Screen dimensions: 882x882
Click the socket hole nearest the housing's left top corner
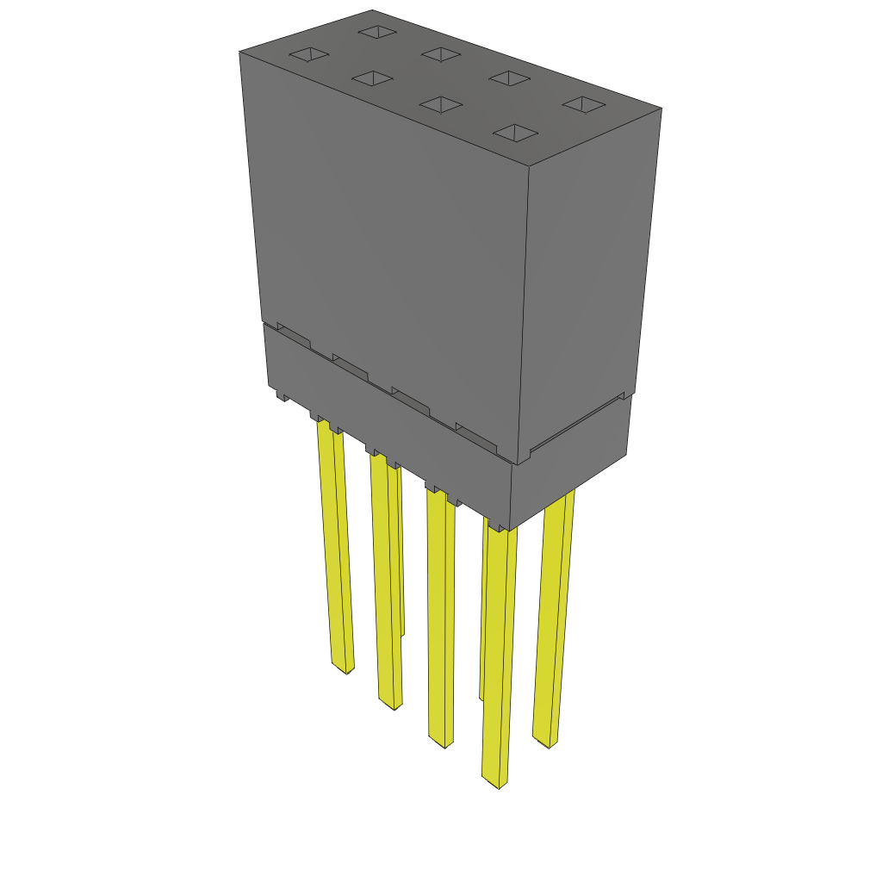pyautogui.click(x=308, y=55)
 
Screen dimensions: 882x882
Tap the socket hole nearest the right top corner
pyautogui.click(x=585, y=104)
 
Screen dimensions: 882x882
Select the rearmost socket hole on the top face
pyautogui.click(x=376, y=32)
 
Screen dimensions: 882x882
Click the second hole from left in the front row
pyautogui.click(x=372, y=79)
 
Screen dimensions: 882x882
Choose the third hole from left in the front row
pyautogui.click(x=441, y=104)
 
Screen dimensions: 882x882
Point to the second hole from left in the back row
pyautogui.click(x=441, y=54)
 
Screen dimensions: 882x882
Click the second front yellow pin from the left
pyautogui.click(x=386, y=586)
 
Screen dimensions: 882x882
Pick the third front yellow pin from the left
pyautogui.click(x=441, y=620)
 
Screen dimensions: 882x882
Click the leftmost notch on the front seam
pyautogui.click(x=293, y=334)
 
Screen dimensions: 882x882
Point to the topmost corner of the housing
pyautogui.click(x=372, y=10)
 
